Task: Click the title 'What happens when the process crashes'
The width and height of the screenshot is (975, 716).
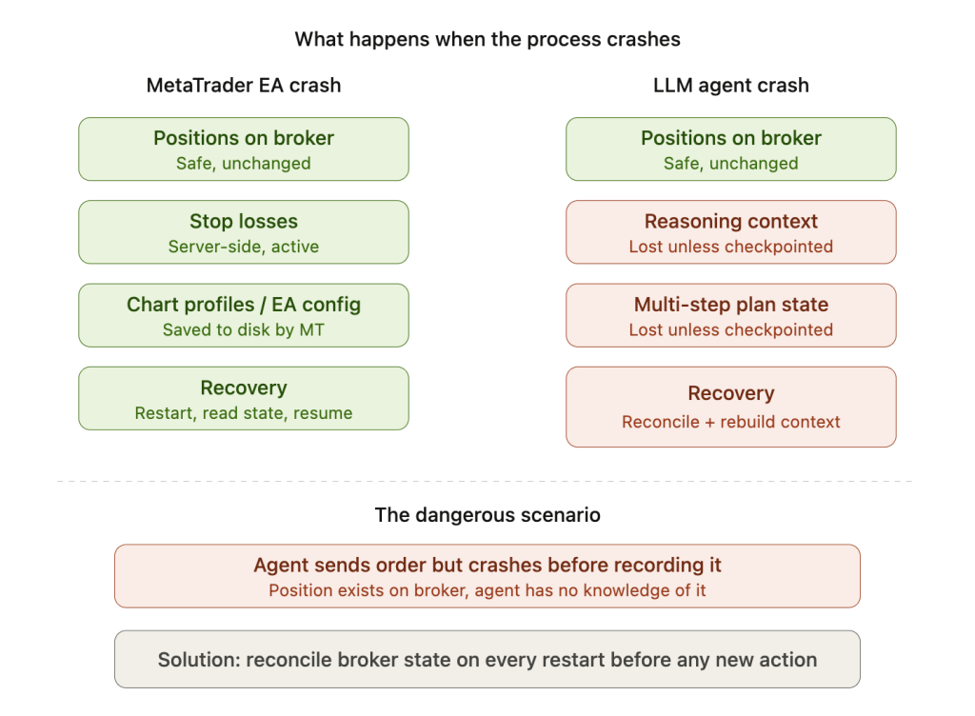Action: pos(487,40)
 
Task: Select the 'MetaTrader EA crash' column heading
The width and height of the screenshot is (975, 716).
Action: pos(244,85)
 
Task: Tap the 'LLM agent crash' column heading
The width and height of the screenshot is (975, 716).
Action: pos(730,85)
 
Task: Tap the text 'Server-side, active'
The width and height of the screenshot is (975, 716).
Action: pos(244,247)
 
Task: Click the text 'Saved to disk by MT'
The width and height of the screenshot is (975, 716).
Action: pos(244,330)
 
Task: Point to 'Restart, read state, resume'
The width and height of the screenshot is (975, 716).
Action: pos(244,413)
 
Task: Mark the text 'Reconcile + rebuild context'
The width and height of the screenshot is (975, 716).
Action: pos(730,422)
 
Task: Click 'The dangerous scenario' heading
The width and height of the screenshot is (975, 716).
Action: pos(487,515)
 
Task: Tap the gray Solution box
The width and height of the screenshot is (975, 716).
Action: pos(487,659)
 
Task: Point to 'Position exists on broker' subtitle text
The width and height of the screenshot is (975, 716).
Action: pos(487,590)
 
